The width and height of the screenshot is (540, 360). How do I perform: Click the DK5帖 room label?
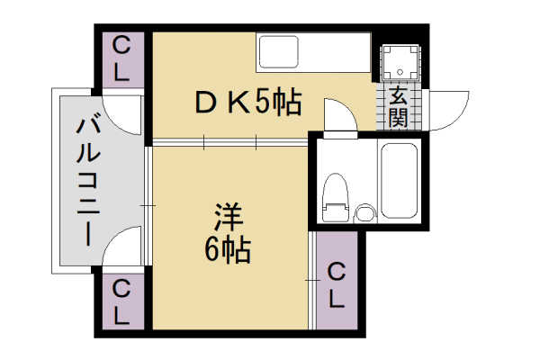click(248, 103)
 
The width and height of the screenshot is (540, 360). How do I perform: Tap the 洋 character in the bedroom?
click(229, 217)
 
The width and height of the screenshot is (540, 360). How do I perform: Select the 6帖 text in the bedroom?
click(228, 250)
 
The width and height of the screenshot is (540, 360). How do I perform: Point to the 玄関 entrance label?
click(398, 107)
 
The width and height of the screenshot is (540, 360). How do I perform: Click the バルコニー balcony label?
click(88, 182)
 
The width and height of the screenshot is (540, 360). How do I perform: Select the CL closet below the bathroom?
click(337, 280)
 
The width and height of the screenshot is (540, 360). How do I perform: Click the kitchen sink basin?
click(279, 52)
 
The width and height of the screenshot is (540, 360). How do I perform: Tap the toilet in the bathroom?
click(336, 198)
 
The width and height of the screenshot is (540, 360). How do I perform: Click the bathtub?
click(400, 181)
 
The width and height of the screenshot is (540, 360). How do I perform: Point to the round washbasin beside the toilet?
click(364, 213)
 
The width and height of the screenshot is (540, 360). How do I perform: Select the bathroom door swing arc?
click(347, 109)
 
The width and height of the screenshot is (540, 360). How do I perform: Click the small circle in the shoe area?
click(400, 72)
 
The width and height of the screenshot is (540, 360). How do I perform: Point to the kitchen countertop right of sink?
click(334, 52)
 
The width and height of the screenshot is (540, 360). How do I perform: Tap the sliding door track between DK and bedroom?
click(230, 142)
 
